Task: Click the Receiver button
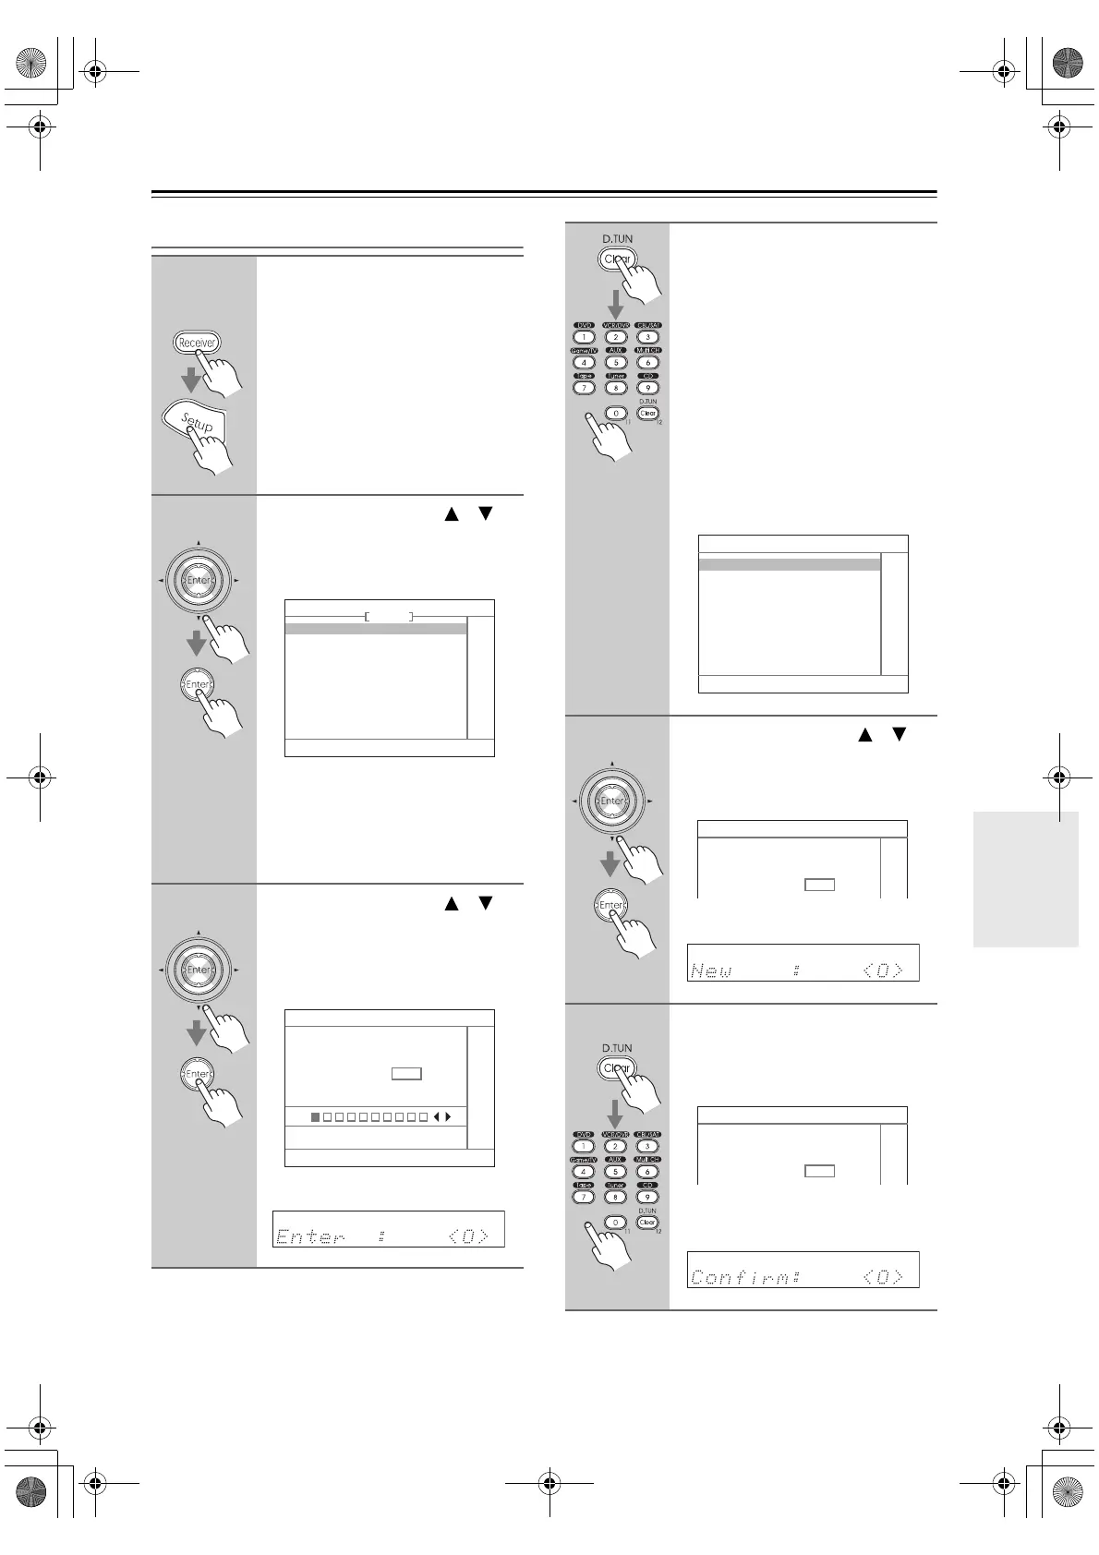pos(197,343)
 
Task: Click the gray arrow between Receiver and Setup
pos(190,380)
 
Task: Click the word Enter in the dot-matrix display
pos(310,1236)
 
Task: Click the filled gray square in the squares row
pos(316,1117)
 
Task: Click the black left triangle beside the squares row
pos(436,1117)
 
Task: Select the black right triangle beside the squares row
pos(449,1117)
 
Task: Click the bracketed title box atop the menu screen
pos(389,616)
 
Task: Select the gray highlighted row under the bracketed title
pos(376,629)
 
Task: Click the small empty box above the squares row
pos(406,1073)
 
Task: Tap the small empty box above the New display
pos(819,885)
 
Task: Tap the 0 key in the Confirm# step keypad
pos(616,1222)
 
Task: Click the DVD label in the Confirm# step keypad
pos(584,1134)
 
